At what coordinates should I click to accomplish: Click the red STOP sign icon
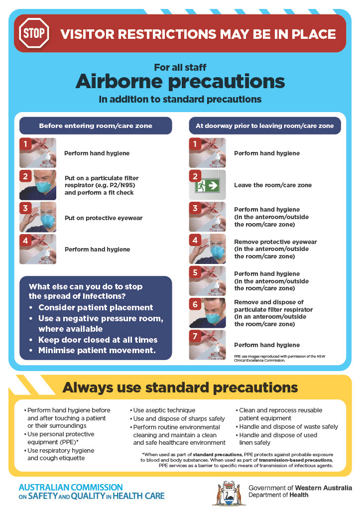(34, 34)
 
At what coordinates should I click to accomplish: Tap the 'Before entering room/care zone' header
(96, 126)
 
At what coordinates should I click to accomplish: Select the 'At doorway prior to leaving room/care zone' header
(265, 126)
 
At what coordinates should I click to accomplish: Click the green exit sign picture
(207, 185)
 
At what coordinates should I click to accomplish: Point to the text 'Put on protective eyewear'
(104, 218)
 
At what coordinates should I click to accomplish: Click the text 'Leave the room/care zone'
(273, 185)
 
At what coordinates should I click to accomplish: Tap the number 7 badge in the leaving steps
(196, 336)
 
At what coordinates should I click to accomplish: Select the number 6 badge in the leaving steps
(196, 304)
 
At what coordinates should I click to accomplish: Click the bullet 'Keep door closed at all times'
(98, 340)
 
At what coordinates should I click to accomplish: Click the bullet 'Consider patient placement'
(96, 307)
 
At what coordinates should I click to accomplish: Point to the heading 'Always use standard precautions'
(180, 387)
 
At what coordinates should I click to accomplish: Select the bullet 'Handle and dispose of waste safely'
(288, 426)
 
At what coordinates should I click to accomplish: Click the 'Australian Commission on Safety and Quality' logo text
(91, 491)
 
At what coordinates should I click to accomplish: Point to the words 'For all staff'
(180, 67)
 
